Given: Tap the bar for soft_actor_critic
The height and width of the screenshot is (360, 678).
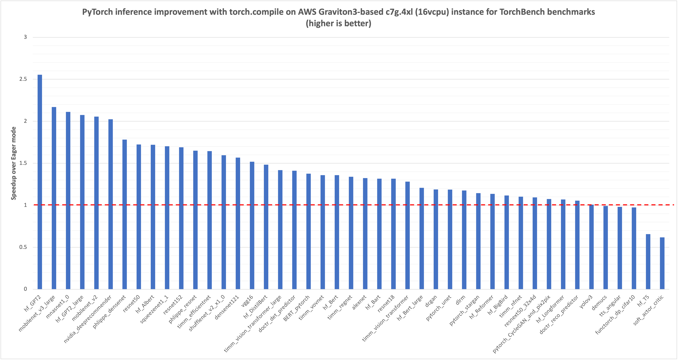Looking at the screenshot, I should click(662, 263).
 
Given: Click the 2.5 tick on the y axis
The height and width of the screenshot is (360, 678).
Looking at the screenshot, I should click(23, 79).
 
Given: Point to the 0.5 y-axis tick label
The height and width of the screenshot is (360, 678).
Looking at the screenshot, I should click(23, 247).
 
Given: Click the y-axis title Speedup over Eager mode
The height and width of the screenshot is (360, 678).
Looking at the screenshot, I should click(13, 163).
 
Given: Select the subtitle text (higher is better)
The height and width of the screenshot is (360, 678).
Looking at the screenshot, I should click(338, 23).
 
